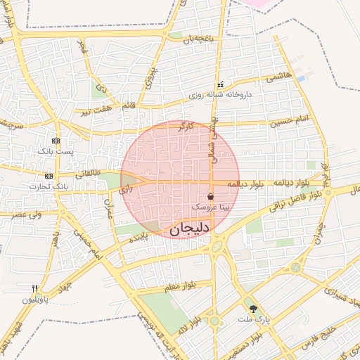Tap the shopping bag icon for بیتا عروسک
[211, 196]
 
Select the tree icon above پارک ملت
[252, 309]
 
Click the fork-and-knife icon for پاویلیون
[34, 288]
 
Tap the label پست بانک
[56, 151]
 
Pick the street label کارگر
[186, 126]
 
